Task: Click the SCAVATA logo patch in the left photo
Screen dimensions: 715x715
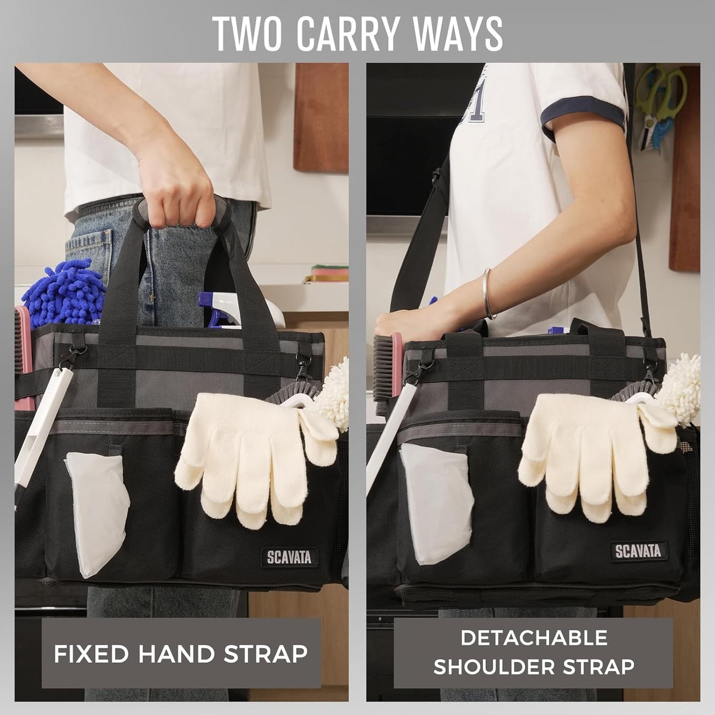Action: point(289,557)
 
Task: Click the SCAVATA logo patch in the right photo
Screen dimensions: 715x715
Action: point(638,551)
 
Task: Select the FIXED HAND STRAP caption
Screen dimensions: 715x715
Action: point(181,654)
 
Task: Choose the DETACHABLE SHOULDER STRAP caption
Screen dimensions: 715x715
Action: point(533,652)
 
